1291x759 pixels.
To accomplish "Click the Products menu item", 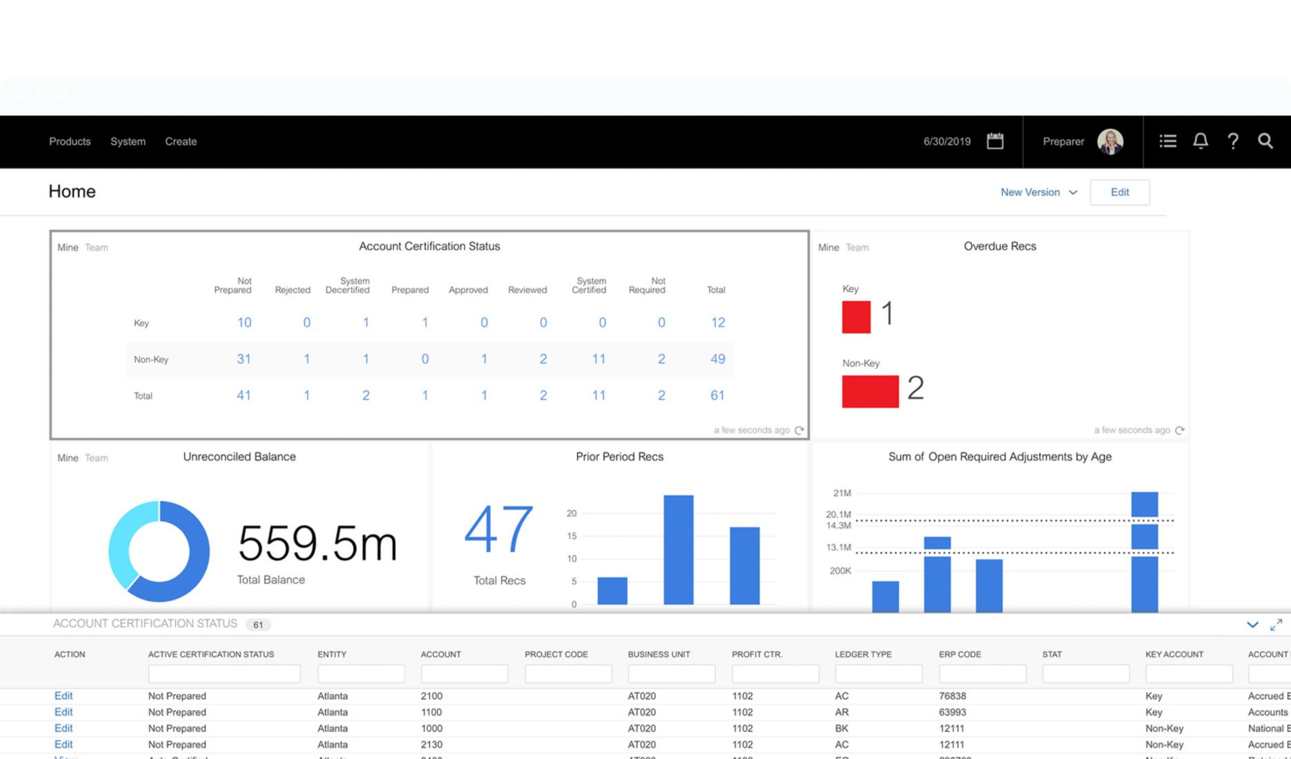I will point(70,141).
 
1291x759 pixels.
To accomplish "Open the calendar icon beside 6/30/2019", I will point(994,141).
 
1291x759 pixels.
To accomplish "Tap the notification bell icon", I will point(1200,141).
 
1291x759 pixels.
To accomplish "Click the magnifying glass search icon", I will point(1265,141).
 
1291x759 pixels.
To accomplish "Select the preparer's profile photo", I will point(1110,141).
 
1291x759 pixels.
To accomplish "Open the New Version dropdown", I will point(1038,193).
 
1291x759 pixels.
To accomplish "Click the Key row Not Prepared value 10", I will point(244,322).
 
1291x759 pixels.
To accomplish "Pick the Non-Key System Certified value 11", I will point(598,359).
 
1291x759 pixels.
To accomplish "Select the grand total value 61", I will point(717,395).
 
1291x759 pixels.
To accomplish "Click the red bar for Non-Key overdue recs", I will point(870,391).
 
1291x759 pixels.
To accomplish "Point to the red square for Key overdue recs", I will point(856,317).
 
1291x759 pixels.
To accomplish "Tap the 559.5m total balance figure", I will point(317,544).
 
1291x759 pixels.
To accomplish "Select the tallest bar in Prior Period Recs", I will point(678,549).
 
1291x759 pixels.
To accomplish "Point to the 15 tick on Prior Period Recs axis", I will point(571,536).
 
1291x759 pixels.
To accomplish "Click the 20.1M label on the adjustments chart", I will point(838,515).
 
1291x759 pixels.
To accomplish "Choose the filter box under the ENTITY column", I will point(361,673).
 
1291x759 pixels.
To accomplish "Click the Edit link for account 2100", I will point(63,696).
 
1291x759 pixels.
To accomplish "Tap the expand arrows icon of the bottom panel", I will point(1276,624).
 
